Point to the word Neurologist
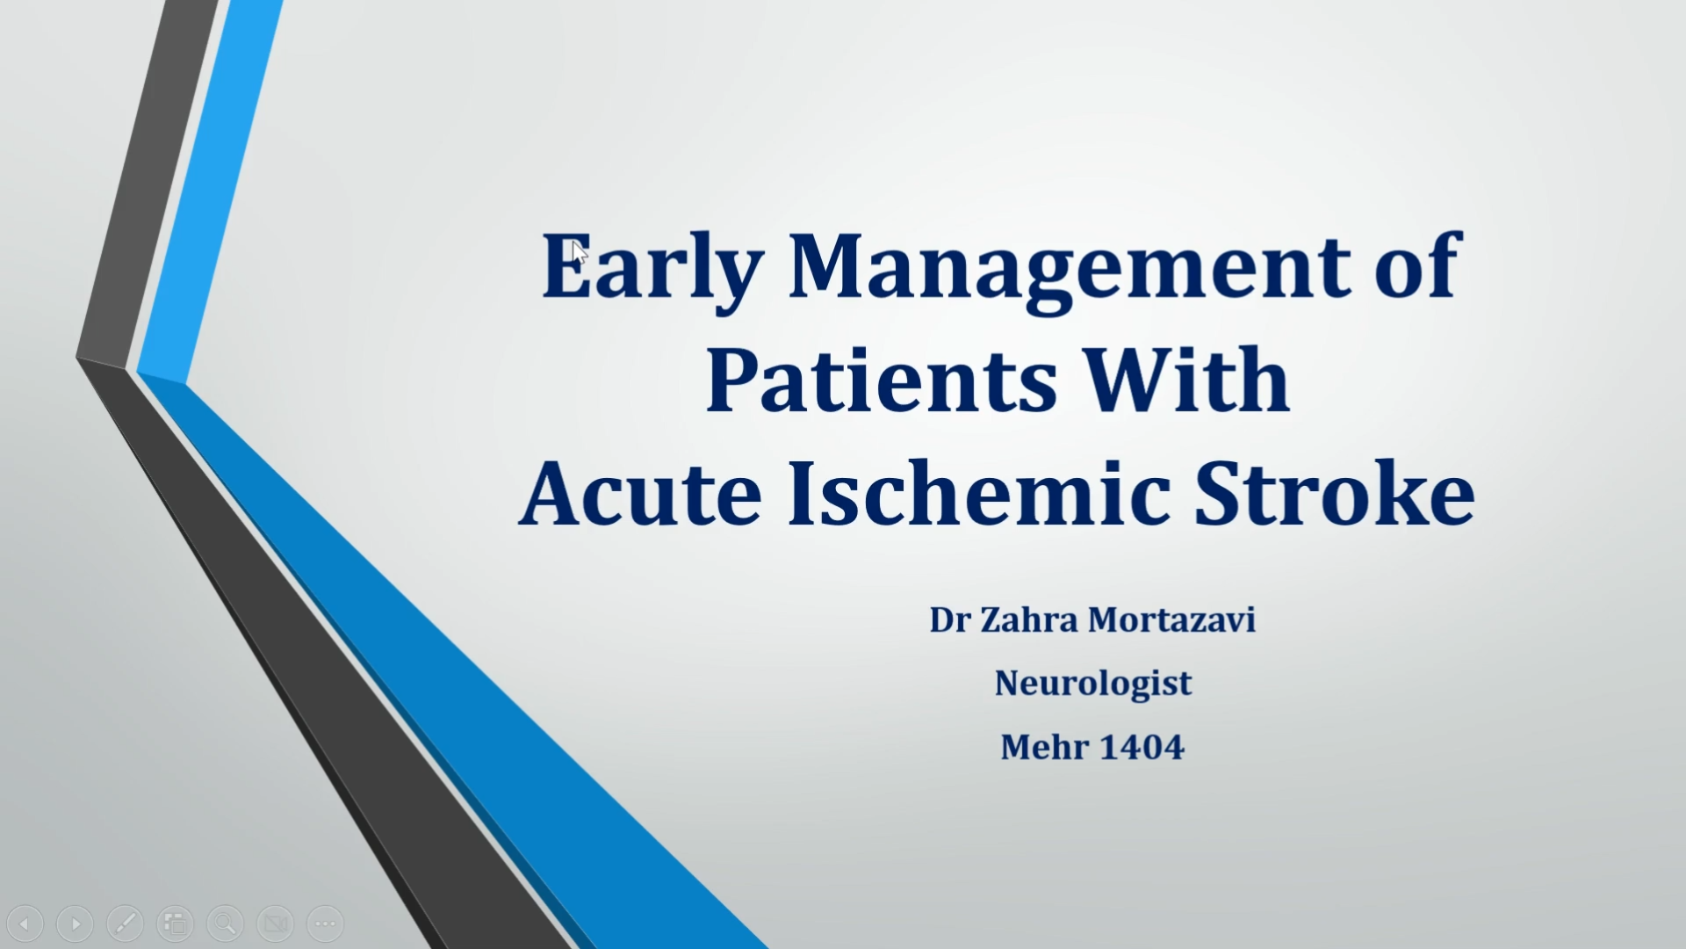click(x=1093, y=684)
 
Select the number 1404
click(x=1142, y=747)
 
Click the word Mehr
click(x=1045, y=747)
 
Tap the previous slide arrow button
click(x=25, y=924)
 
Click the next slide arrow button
click(x=76, y=924)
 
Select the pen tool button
click(x=126, y=924)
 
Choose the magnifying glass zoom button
click(x=226, y=924)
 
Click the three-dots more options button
click(x=326, y=924)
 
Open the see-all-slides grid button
click(x=176, y=924)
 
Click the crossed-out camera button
click(x=276, y=924)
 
